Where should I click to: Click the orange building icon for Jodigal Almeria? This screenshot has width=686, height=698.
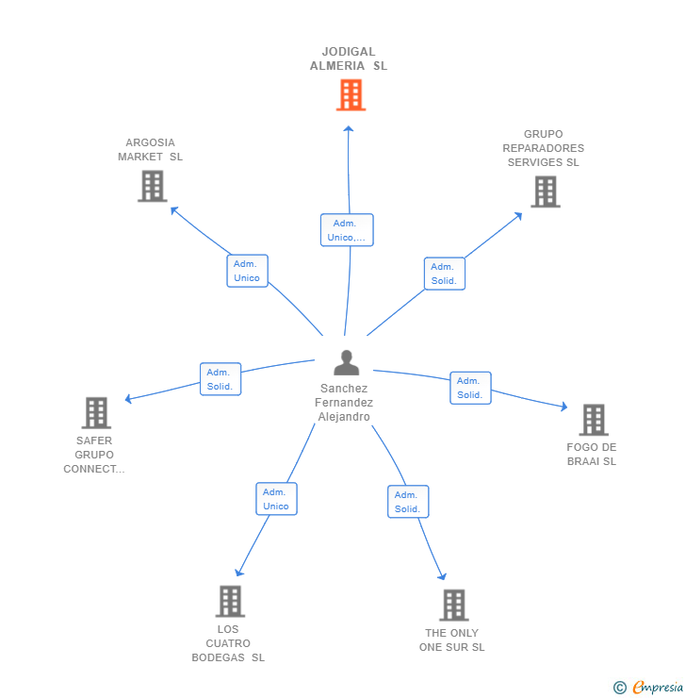[351, 95]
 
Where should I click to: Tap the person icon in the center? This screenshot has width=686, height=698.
[347, 363]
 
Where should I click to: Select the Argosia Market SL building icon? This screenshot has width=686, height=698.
[152, 186]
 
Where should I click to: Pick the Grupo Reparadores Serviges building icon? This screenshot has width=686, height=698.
[545, 191]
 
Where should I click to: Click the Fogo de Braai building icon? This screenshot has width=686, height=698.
[593, 420]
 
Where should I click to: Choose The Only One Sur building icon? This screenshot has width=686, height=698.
[453, 606]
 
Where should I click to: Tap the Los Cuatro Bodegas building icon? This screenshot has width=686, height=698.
[230, 601]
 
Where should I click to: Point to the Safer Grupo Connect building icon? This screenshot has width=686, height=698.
[96, 412]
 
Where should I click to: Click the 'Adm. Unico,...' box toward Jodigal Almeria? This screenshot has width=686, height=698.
[347, 230]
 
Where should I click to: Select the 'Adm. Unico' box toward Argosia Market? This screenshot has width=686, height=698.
[247, 271]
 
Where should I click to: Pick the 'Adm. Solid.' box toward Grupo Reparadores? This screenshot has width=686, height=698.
[444, 274]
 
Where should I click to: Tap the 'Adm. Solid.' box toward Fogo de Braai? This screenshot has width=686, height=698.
[469, 388]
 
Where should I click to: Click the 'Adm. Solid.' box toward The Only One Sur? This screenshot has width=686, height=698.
[407, 502]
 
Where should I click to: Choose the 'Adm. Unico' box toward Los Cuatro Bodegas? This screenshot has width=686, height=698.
[276, 499]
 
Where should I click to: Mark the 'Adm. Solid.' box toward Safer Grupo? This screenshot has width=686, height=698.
[220, 379]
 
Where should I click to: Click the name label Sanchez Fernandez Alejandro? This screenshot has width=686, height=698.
[344, 403]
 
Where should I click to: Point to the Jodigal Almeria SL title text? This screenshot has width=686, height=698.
[349, 59]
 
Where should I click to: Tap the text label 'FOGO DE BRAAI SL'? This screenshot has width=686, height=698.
[592, 455]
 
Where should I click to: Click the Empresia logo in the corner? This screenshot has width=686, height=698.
[649, 688]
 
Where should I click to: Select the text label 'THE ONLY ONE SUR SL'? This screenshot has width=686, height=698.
[452, 640]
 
